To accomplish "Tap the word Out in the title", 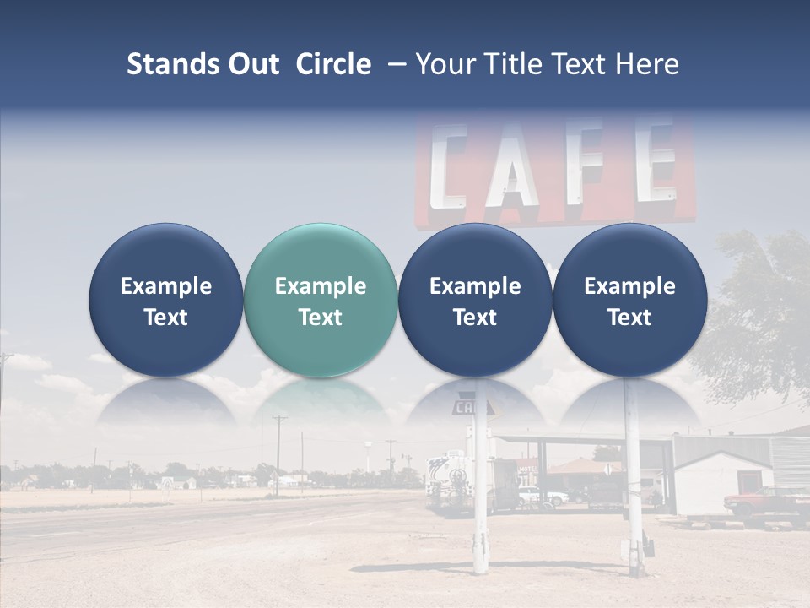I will tap(251, 64).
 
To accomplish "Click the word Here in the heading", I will tap(647, 64).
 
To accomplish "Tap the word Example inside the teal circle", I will tap(320, 286).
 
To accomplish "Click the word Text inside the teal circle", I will tap(320, 318).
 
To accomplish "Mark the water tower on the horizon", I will tap(391, 445).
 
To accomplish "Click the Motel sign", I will tap(527, 470).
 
